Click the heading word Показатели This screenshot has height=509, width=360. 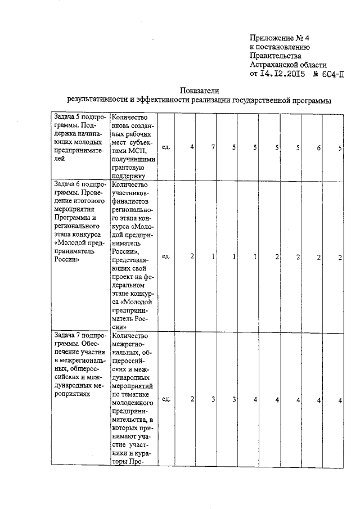click(x=199, y=91)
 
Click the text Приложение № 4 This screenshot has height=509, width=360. click(x=280, y=38)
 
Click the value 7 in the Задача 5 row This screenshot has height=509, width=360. click(x=214, y=147)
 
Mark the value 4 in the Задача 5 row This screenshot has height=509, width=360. click(x=192, y=147)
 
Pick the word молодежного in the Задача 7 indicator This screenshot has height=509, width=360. click(x=133, y=404)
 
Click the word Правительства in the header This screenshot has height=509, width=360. click(x=275, y=56)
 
